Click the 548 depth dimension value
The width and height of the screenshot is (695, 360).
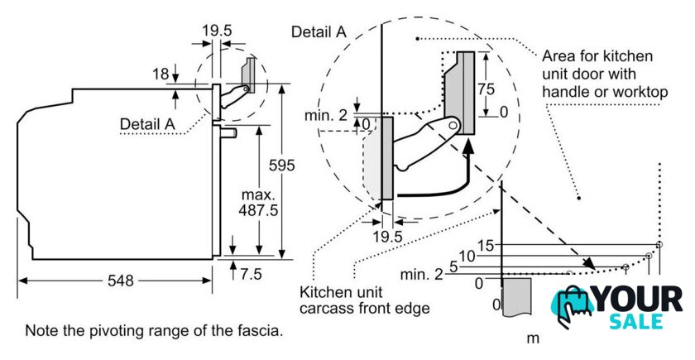click(120, 281)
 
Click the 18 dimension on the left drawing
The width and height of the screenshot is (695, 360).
click(161, 74)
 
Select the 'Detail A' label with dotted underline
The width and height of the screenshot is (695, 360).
click(148, 123)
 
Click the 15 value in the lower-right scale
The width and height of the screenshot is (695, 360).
click(486, 245)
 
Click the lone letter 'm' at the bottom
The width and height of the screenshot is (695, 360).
click(533, 338)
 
